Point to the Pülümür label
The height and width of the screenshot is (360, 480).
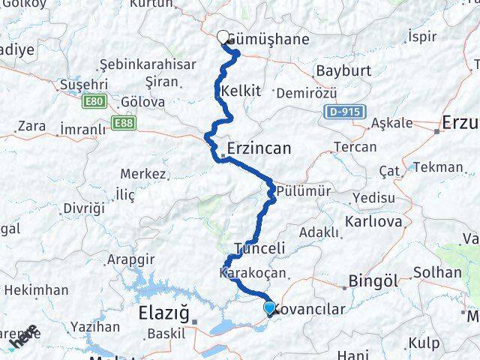point(303,191)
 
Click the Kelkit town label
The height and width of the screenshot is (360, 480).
point(241,91)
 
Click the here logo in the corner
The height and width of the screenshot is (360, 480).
point(22,339)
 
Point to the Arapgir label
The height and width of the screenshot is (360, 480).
point(130,259)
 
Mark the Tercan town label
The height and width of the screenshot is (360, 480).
point(355,146)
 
